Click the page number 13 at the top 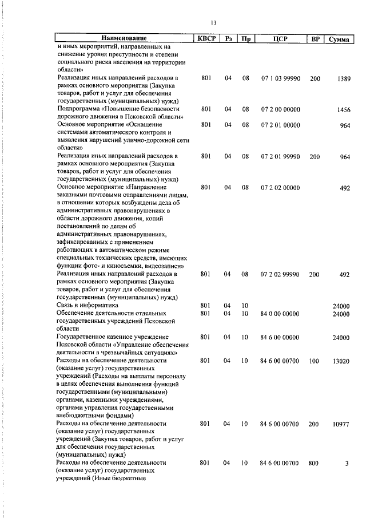(x=213, y=23)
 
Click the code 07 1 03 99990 (x=280, y=78)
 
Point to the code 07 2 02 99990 (x=280, y=275)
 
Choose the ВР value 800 (x=313, y=462)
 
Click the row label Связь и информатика (x=89, y=306)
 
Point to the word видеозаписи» (x=162, y=266)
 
